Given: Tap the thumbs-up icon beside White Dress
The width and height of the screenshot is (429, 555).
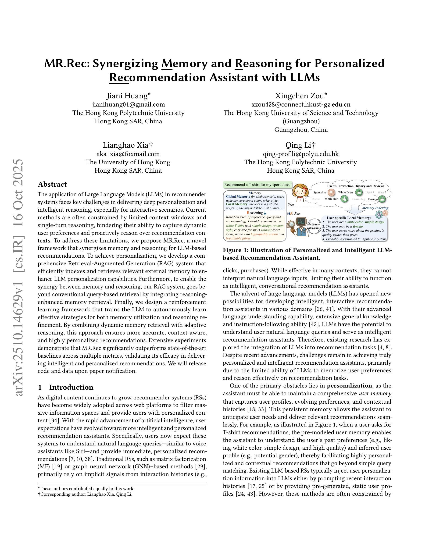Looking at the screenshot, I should click(359, 192).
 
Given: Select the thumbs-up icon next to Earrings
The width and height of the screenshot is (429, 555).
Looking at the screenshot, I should click(382, 199).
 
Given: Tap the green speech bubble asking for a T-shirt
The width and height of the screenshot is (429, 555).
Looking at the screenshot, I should click(258, 185).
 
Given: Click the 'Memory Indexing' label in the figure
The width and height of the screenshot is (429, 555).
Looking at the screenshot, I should click(375, 208).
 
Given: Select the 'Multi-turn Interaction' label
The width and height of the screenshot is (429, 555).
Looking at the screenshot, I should click(314, 226).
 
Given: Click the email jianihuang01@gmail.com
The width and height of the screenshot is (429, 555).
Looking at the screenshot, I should click(128, 104).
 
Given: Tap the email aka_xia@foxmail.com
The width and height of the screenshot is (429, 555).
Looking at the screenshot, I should click(128, 154).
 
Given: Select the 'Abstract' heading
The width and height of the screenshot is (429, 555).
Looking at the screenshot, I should click(52, 184).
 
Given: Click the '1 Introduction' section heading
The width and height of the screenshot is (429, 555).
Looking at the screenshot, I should click(66, 387).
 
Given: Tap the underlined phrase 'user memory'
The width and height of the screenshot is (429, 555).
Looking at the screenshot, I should click(375, 393).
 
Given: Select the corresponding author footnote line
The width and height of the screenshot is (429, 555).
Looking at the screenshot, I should click(85, 494).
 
